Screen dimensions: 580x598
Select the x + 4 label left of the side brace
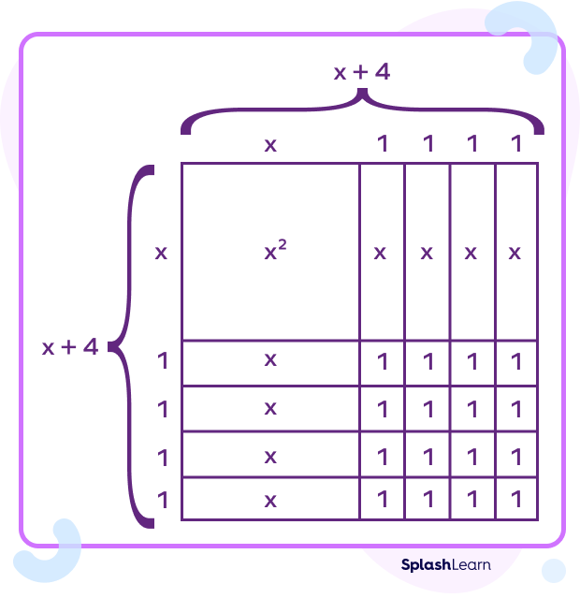pos(70,347)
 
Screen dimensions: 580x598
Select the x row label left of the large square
pos(161,253)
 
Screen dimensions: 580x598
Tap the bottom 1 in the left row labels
pos(163,500)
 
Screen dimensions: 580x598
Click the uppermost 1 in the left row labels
pos(163,360)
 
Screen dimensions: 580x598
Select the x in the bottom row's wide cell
pos(271,500)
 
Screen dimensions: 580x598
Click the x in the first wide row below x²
pos(271,360)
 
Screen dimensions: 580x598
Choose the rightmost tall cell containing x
pos(516,253)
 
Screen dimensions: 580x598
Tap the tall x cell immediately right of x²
pos(382,253)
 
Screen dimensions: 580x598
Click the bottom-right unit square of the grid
pos(516,500)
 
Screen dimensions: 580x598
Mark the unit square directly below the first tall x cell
pos(382,361)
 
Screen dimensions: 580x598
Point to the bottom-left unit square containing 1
pos(382,500)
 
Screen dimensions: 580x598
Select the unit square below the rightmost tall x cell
pos(516,361)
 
